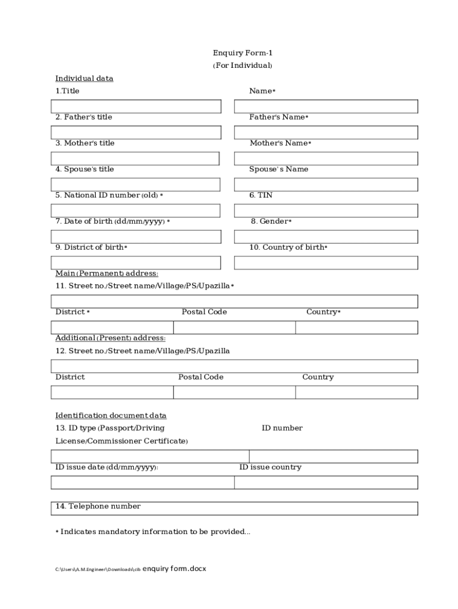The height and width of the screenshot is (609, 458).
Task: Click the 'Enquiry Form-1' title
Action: pos(243,53)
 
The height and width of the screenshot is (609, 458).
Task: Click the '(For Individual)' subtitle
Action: pos(243,65)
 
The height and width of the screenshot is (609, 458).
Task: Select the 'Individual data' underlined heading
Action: pos(84,79)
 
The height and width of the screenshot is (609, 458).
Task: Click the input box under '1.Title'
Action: pos(136,106)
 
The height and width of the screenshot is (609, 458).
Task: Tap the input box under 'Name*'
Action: pos(326,106)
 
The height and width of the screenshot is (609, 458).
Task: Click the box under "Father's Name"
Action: pos(326,133)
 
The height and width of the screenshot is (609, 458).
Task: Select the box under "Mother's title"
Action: pos(135,159)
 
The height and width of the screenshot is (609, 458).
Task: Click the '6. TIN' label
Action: pos(261,195)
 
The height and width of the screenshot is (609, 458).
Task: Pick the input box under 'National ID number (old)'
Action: pos(136,211)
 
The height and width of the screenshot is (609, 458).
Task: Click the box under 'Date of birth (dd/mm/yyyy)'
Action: pos(136,237)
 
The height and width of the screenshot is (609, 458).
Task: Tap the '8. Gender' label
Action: pos(271,221)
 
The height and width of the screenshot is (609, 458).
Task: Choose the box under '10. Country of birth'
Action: pos(326,263)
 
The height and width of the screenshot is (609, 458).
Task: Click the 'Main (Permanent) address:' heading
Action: pos(107,274)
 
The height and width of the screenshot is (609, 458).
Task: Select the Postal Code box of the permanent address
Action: pos(234,328)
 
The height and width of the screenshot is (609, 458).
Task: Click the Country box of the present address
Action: pos(356,393)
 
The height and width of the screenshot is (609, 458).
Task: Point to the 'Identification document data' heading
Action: pos(111,415)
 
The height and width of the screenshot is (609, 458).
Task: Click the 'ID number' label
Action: pos(282,428)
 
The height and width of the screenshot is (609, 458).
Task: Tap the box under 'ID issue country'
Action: pos(326,482)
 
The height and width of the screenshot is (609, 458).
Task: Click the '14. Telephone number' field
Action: pos(234,508)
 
